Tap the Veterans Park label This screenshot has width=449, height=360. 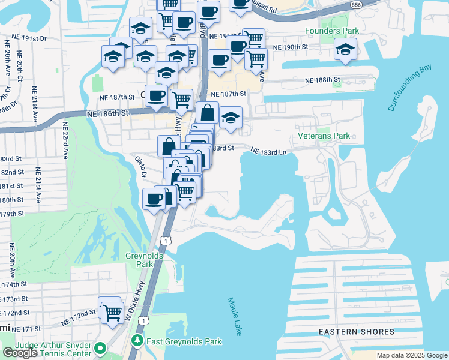(x=324, y=136)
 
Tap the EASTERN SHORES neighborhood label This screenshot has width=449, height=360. (x=357, y=332)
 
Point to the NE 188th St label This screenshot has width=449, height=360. (x=323, y=80)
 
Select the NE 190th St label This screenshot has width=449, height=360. (x=290, y=47)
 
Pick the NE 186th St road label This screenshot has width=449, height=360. (x=108, y=113)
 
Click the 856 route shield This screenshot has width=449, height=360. (x=356, y=4)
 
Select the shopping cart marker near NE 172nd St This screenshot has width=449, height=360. (x=112, y=312)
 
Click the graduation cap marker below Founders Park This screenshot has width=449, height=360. (x=345, y=50)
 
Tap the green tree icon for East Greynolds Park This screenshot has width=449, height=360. (x=138, y=341)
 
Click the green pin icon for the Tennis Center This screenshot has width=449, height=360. (x=101, y=348)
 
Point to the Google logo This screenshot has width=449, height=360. (x=20, y=353)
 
